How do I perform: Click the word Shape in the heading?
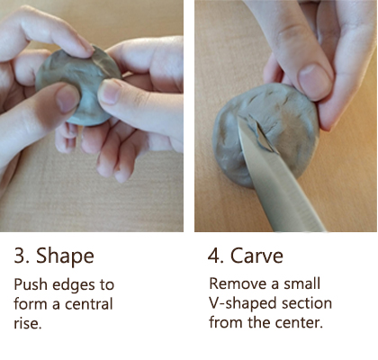click(65, 256)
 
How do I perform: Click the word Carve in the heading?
click(256, 256)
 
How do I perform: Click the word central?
click(89, 304)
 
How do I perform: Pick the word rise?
click(27, 323)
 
